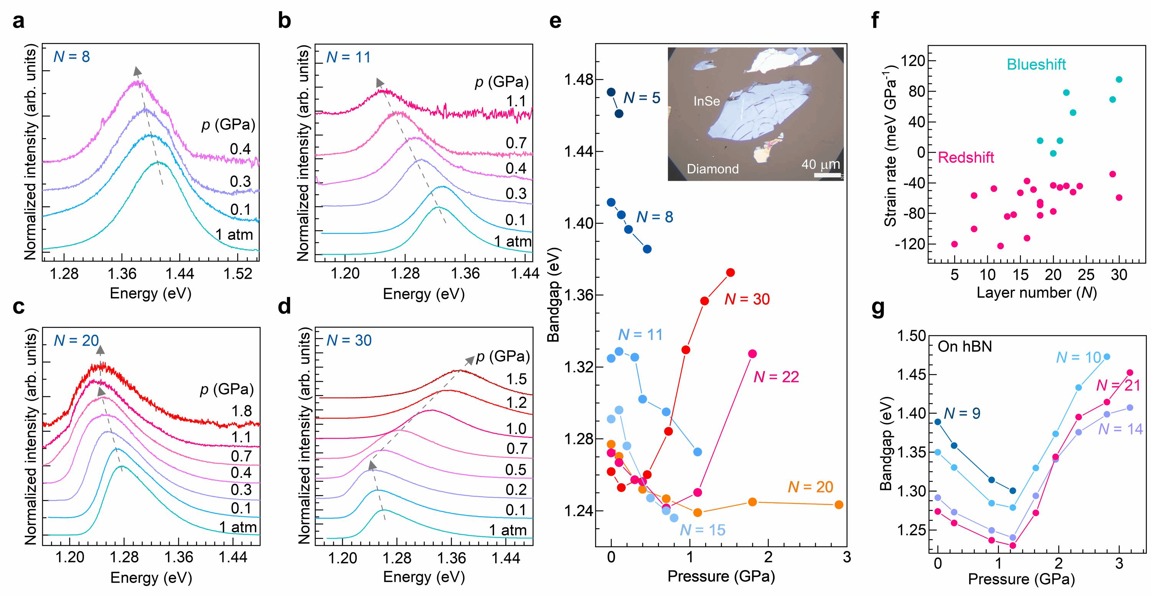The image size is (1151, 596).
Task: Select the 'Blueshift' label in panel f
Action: [1036, 65]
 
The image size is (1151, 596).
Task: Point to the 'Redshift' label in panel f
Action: [966, 158]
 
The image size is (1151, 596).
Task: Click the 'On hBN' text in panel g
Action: [965, 346]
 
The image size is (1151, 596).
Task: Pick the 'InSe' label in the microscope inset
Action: [706, 101]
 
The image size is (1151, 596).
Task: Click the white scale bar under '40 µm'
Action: [828, 175]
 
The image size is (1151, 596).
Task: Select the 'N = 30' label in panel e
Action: [747, 299]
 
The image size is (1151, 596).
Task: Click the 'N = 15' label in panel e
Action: [702, 530]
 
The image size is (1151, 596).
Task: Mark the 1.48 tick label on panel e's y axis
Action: [577, 81]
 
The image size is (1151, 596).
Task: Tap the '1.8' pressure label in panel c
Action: [241, 411]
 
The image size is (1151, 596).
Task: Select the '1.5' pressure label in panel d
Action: [516, 379]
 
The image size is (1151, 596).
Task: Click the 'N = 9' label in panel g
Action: [963, 413]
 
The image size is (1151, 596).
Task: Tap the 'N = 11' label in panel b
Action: [348, 57]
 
